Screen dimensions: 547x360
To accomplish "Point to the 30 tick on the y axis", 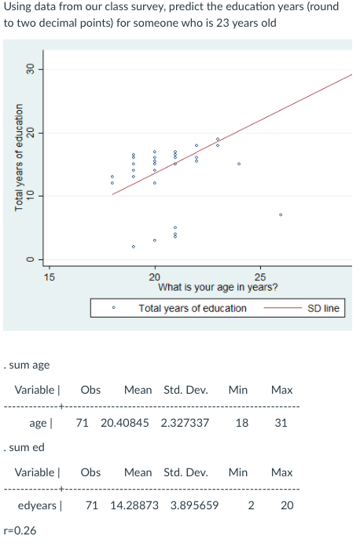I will pyautogui.click(x=31, y=70).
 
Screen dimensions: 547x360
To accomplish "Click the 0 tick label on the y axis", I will pyautogui.click(x=31, y=259).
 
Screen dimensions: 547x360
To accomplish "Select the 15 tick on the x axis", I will pyautogui.click(x=49, y=277).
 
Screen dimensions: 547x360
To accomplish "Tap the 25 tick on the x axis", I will pyautogui.click(x=261, y=277).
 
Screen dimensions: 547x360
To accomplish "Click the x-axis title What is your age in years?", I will pyautogui.click(x=211, y=288).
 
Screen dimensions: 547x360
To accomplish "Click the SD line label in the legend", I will pyautogui.click(x=323, y=308).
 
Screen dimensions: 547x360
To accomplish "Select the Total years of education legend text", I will pyautogui.click(x=193, y=308).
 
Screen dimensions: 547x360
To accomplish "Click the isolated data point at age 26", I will pyautogui.click(x=281, y=215).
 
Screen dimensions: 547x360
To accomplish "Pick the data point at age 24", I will pyautogui.click(x=240, y=164).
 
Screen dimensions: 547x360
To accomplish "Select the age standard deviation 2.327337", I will pyautogui.click(x=186, y=423).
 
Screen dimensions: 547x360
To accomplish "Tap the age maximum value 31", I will pyautogui.click(x=281, y=423).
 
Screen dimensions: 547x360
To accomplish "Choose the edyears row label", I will pyautogui.click(x=39, y=505).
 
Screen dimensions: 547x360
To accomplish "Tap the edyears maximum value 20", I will pyautogui.click(x=286, y=505).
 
